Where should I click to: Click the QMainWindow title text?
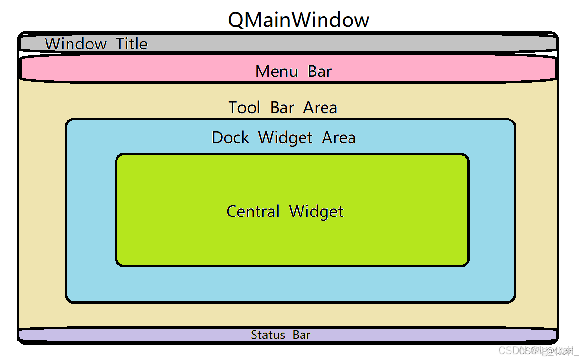[298, 20]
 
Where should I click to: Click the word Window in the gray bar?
[76, 44]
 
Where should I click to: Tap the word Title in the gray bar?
[132, 44]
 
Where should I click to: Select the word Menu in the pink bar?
[277, 72]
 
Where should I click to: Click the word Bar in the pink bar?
[320, 72]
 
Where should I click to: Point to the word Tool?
[245, 107]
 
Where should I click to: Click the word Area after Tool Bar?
[320, 107]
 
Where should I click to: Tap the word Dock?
[231, 138]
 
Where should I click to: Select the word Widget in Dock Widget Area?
[285, 138]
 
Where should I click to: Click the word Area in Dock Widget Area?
[339, 138]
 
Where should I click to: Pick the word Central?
[253, 212]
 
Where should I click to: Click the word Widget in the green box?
[316, 212]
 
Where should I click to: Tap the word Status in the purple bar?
[268, 335]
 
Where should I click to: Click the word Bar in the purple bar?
[302, 335]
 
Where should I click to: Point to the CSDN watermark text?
[537, 351]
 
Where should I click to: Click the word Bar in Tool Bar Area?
[282, 107]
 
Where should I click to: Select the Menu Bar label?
[294, 72]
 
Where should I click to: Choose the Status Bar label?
[280, 335]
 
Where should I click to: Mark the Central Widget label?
[285, 212]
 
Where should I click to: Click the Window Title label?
[96, 44]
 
